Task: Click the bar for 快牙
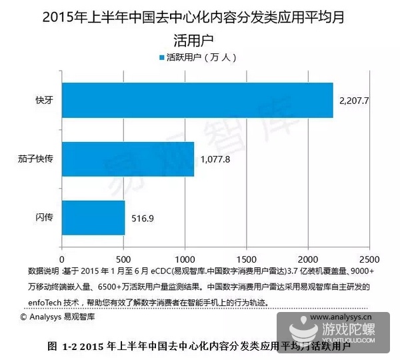click(197, 100)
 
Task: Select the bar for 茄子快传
click(127, 159)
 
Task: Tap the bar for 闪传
click(93, 217)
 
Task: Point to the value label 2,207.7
click(354, 100)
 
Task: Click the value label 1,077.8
click(215, 159)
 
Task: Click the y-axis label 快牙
click(44, 101)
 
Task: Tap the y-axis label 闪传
click(44, 217)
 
